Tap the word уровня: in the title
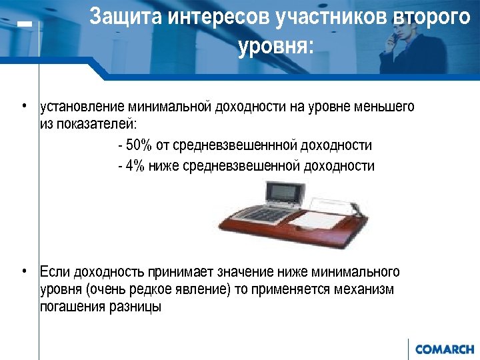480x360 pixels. pos(275,47)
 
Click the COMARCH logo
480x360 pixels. pos(444,349)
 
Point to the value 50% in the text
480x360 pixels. pos(138,145)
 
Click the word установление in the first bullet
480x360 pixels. pos(83,106)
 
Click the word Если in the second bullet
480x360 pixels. pos(55,272)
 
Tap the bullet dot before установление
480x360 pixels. pos(23,105)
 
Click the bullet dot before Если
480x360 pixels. pos(23,271)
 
